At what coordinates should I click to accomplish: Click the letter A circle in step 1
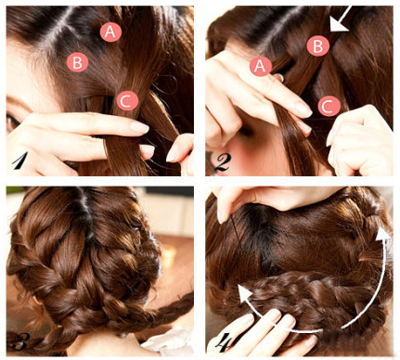pos(110,32)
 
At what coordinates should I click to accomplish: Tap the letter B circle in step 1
pos(78,62)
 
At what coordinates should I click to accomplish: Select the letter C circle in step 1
pos(127,100)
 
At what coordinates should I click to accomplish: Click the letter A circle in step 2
pos(261,66)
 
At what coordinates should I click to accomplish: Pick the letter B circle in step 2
pos(317,45)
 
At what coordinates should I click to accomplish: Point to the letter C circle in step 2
pos(329,106)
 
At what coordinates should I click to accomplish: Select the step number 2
pos(220,162)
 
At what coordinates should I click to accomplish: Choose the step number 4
pos(222,342)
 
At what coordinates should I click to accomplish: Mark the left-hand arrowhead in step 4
pos(246,293)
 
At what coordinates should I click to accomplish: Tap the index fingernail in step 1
pos(139,127)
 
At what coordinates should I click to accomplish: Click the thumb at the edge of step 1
pos(180,148)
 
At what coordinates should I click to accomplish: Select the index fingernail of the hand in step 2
pos(303,109)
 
